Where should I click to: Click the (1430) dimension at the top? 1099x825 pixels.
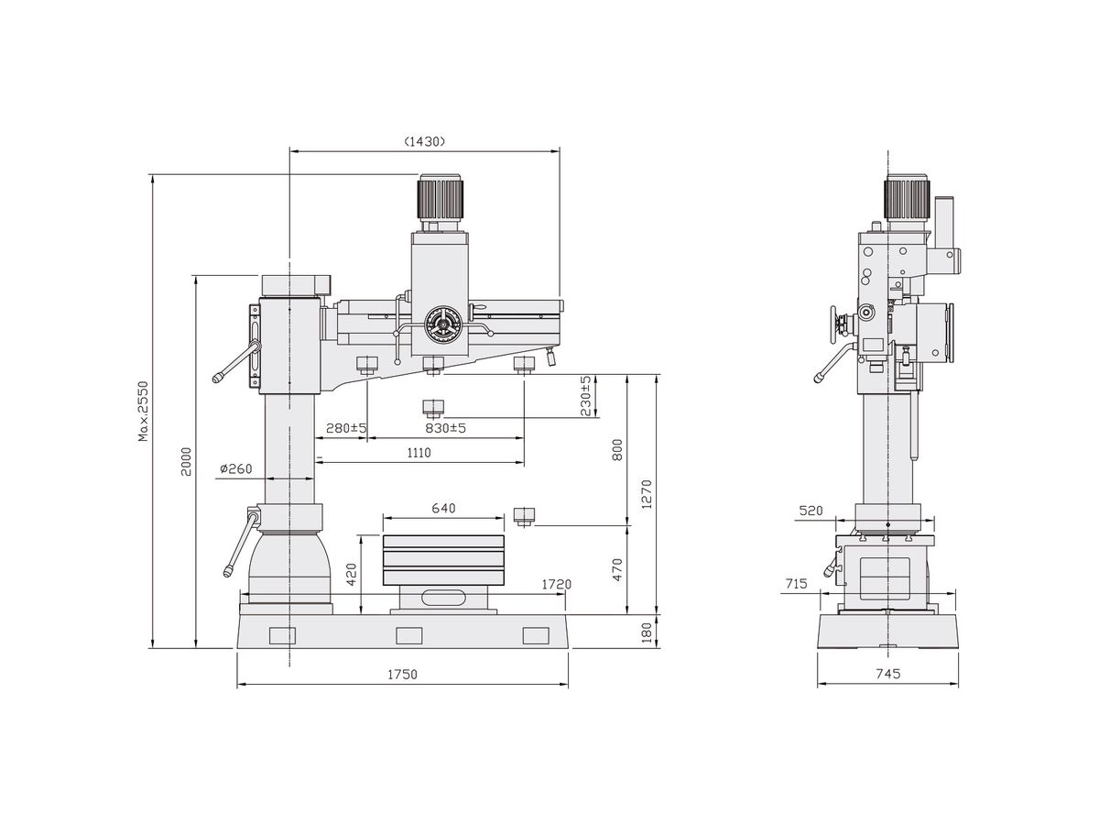click(424, 141)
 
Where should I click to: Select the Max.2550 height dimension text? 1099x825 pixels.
click(144, 412)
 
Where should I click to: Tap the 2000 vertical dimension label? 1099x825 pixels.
click(186, 460)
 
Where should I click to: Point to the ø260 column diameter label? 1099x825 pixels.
click(235, 469)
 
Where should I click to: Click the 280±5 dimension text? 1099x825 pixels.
click(346, 428)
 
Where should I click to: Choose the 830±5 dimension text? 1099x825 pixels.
click(445, 428)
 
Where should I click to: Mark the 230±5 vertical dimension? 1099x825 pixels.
click(587, 395)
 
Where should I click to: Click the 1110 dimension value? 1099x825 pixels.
click(419, 452)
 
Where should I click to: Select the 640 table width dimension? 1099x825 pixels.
click(443, 508)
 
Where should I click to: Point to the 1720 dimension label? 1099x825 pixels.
click(557, 584)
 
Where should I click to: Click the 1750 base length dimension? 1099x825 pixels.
click(402, 675)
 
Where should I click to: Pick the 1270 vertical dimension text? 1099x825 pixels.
click(647, 494)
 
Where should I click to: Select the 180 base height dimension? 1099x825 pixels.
click(647, 632)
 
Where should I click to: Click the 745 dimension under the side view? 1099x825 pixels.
click(887, 674)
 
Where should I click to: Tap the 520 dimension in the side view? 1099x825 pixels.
click(811, 510)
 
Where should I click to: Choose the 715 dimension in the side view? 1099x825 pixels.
click(797, 583)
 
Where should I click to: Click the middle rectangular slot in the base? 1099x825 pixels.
click(408, 634)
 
